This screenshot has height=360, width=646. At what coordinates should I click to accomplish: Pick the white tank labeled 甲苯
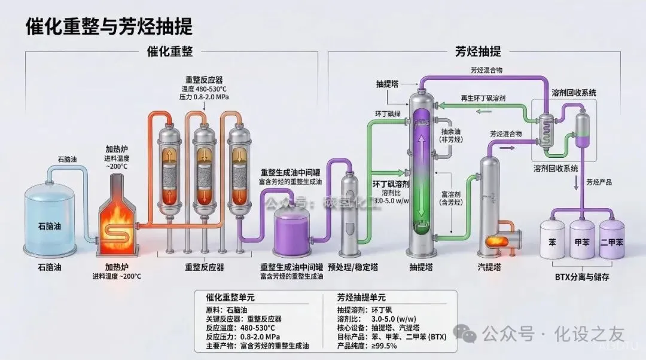(x=582, y=242)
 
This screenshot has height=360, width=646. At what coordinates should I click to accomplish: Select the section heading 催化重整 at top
(x=170, y=51)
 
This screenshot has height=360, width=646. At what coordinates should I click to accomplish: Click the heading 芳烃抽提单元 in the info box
(x=361, y=297)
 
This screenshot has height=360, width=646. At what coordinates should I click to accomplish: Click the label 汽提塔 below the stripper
(x=489, y=267)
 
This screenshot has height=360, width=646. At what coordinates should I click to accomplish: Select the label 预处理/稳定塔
(x=353, y=267)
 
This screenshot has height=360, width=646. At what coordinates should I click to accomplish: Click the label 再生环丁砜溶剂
(x=486, y=97)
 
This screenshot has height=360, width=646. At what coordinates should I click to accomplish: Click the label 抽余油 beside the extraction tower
(x=452, y=131)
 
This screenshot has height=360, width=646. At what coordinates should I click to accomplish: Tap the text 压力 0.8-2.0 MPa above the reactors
(x=204, y=96)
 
